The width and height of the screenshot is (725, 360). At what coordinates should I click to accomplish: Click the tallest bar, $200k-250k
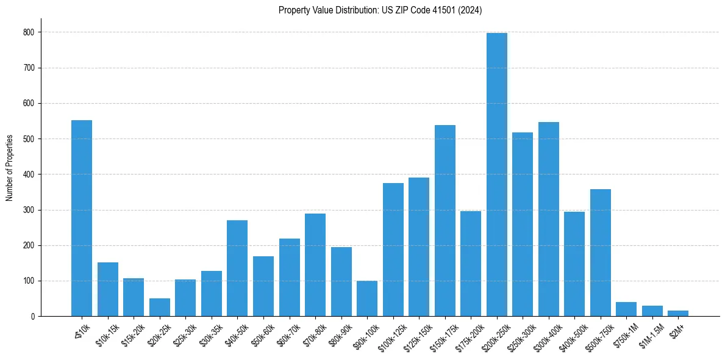tap(497, 175)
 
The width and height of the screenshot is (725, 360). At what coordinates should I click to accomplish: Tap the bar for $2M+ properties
tap(678, 313)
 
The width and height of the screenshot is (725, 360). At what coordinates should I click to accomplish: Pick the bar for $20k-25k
tap(160, 308)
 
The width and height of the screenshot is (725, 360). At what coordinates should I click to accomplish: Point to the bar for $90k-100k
tap(367, 298)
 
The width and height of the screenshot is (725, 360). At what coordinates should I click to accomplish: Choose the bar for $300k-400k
tap(549, 219)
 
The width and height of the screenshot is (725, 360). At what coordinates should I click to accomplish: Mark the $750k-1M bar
tap(626, 309)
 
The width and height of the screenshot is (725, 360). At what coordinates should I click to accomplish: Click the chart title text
tap(380, 10)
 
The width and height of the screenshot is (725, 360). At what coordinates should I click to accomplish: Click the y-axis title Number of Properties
tap(10, 168)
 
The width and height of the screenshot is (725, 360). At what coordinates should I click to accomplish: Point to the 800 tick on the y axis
tap(29, 32)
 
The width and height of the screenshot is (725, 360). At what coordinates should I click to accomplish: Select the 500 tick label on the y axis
tap(29, 139)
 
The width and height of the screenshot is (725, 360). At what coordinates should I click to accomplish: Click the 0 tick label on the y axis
tap(32, 317)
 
